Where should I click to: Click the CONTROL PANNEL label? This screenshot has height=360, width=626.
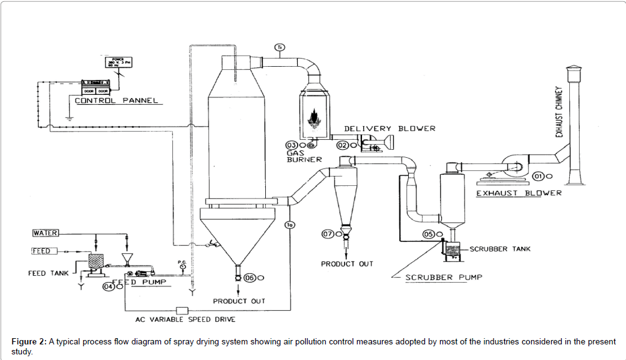[x=116, y=100]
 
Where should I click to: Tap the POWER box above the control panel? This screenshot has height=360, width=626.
[x=119, y=62]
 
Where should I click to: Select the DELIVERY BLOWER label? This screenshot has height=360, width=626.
[x=389, y=129]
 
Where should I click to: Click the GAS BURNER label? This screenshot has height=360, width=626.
[x=304, y=156]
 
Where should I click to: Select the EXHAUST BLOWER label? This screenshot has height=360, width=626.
[x=519, y=193]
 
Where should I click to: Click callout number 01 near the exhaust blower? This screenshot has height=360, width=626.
[x=538, y=176]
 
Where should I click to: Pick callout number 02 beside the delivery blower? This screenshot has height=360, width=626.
[x=342, y=145]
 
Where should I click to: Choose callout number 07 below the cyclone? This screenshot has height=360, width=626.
[x=327, y=234]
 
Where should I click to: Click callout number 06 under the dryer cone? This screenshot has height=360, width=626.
[x=250, y=278]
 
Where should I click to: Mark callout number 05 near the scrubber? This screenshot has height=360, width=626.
[x=429, y=235]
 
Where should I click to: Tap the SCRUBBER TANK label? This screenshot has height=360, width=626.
[x=500, y=249]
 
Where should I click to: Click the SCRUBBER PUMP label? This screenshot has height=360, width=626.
[x=444, y=277]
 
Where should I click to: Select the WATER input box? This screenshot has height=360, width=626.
[x=46, y=233]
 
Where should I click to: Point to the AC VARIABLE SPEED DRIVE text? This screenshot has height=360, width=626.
[x=185, y=319]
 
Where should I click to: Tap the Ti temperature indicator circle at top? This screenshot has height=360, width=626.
[x=280, y=46]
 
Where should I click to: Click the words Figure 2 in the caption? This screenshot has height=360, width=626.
[x=29, y=342]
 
